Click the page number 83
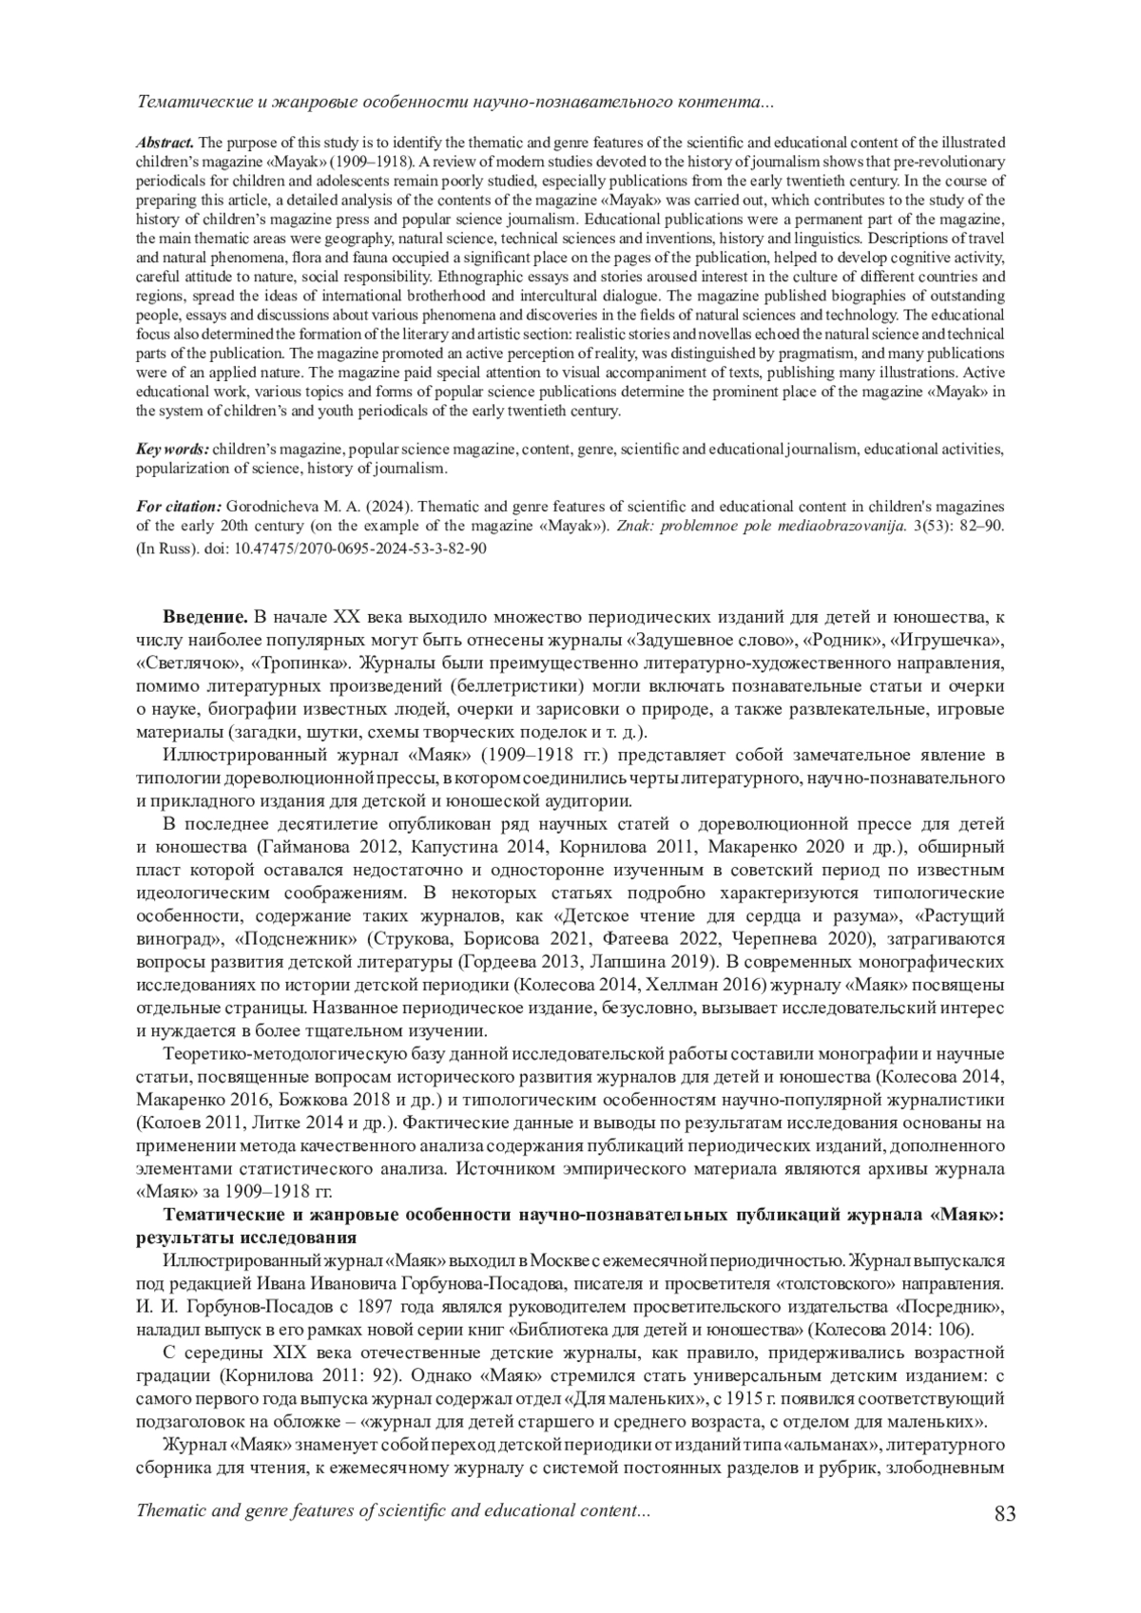[1004, 1513]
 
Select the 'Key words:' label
[172, 449]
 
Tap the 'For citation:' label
[179, 506]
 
